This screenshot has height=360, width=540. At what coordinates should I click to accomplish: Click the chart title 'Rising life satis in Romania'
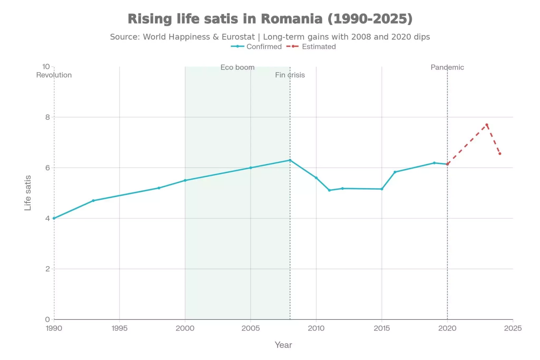270,19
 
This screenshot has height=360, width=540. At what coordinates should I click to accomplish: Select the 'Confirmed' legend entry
264,47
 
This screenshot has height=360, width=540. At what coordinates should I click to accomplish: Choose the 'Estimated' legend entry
318,47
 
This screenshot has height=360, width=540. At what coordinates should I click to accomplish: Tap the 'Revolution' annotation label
54,75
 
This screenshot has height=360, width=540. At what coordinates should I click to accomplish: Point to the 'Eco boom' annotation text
237,67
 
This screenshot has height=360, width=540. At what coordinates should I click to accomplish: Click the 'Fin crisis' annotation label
290,75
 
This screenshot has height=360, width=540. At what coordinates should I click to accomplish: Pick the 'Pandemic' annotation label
447,67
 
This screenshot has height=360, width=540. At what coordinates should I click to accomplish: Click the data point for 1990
54,218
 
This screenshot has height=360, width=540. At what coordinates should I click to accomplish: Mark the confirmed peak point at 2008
290,160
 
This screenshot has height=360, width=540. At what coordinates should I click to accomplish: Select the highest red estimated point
487,125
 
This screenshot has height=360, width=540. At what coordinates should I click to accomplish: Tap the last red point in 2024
500,154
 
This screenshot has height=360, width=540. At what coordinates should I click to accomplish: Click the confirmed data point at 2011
329,190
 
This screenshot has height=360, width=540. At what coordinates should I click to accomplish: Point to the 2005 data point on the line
251,168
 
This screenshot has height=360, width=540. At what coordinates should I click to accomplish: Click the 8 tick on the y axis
48,117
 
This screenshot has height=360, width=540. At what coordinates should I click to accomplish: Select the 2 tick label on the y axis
48,269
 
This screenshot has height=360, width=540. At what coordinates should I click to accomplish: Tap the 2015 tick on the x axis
382,328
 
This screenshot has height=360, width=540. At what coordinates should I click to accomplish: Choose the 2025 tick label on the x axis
513,328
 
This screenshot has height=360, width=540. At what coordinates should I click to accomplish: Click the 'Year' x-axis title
283,345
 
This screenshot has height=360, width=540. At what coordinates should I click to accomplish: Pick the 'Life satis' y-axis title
28,193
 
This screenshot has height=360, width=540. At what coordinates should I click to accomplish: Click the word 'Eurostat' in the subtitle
238,37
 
